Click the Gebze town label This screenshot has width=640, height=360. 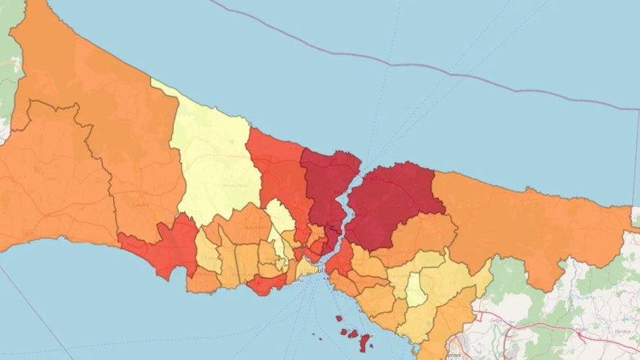(497, 319)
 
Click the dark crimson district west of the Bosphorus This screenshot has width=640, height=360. (328, 188)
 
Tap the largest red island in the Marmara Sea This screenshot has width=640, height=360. (365, 342)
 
